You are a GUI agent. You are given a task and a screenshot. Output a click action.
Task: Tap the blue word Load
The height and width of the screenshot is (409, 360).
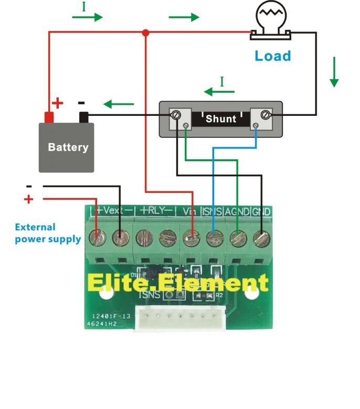[x=272, y=56]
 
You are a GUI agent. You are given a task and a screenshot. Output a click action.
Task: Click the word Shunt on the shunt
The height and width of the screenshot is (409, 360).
[x=220, y=119]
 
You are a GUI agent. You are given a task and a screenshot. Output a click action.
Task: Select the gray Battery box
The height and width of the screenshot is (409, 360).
[x=67, y=147]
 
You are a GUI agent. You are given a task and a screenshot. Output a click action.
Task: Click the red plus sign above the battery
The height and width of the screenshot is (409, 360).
[x=58, y=103]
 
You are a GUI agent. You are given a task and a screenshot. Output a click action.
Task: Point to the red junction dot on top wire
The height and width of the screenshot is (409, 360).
[x=146, y=33]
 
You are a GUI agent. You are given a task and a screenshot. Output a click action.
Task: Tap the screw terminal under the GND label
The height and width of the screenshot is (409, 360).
[x=261, y=239]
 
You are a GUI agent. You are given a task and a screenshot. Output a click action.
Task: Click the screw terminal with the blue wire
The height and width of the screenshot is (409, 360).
[x=213, y=239]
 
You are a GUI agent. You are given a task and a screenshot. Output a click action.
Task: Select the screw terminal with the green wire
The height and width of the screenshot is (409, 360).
[x=237, y=239]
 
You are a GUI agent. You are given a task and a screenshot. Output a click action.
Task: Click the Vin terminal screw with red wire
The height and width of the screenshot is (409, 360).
[x=190, y=239]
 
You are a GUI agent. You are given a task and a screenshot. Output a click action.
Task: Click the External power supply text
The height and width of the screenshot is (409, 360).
[x=47, y=233]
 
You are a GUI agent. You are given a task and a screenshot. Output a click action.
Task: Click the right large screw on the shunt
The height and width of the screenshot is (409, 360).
[x=266, y=114]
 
